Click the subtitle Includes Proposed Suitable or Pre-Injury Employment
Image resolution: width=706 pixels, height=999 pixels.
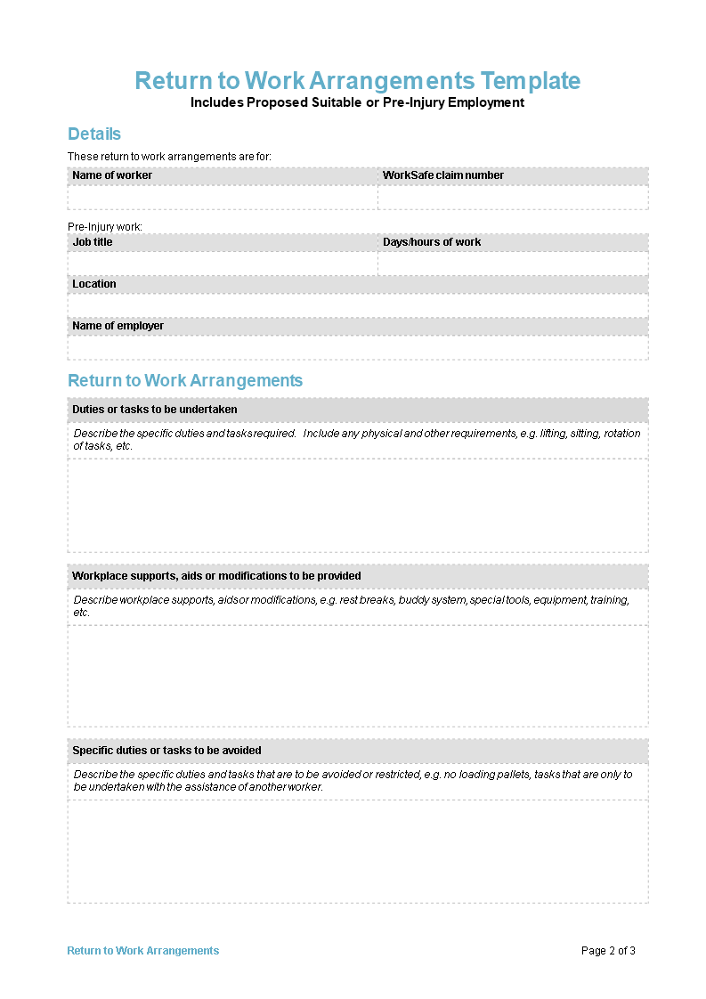click(x=357, y=102)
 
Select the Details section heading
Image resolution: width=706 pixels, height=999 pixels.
click(x=94, y=134)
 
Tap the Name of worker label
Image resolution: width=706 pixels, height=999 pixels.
click(x=112, y=175)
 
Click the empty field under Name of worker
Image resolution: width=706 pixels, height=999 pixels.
click(x=223, y=198)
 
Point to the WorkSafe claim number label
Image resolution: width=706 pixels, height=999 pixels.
click(x=443, y=175)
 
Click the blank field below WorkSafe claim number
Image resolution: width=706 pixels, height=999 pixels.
click(x=513, y=198)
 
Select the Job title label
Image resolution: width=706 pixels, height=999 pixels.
click(x=93, y=242)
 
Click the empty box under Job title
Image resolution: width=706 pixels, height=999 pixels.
click(x=223, y=264)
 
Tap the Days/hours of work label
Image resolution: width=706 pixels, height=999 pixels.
click(x=432, y=242)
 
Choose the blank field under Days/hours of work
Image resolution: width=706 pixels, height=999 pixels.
click(x=513, y=264)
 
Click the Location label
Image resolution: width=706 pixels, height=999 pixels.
click(x=94, y=284)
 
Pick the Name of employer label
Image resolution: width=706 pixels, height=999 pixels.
click(x=118, y=326)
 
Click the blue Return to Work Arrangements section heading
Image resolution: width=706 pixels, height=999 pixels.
click(x=185, y=381)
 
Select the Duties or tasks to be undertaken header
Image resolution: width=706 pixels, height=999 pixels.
click(x=155, y=410)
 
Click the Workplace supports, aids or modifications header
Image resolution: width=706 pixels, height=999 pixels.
click(x=216, y=576)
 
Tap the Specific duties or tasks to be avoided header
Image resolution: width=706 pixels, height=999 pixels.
click(x=166, y=751)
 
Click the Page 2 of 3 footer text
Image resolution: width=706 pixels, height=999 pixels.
click(x=608, y=951)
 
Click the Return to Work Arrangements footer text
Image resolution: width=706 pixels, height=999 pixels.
click(x=143, y=951)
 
